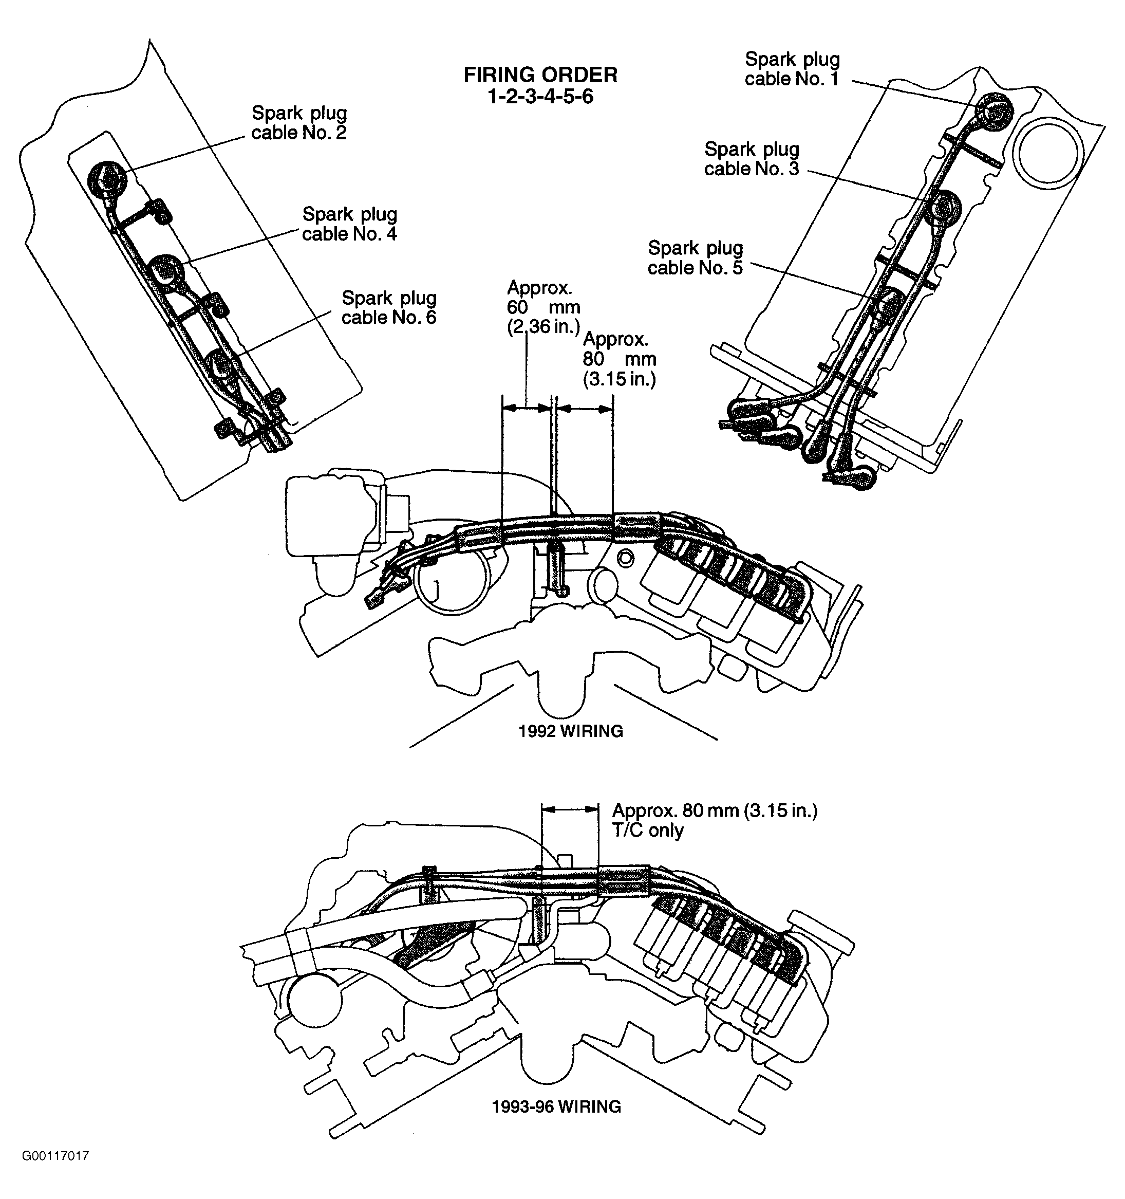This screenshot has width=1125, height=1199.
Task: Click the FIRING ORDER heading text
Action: click(540, 75)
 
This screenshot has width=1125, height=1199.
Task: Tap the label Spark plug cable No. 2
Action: click(299, 123)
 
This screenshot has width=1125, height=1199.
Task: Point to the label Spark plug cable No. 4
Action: click(350, 224)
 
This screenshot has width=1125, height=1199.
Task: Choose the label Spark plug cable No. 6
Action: click(389, 308)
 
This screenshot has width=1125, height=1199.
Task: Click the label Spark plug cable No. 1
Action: click(792, 69)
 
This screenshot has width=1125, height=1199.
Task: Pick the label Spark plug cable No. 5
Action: click(695, 257)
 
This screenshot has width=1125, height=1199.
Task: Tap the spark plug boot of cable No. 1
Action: click(993, 110)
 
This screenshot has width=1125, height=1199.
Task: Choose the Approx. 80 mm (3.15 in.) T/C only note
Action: click(715, 820)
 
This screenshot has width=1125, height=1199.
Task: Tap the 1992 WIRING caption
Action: click(570, 731)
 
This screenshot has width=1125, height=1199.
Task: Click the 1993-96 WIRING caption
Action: click(556, 1106)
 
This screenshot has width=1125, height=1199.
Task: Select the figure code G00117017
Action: click(55, 1156)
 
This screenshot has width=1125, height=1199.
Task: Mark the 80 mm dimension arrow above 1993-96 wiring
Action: click(570, 810)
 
